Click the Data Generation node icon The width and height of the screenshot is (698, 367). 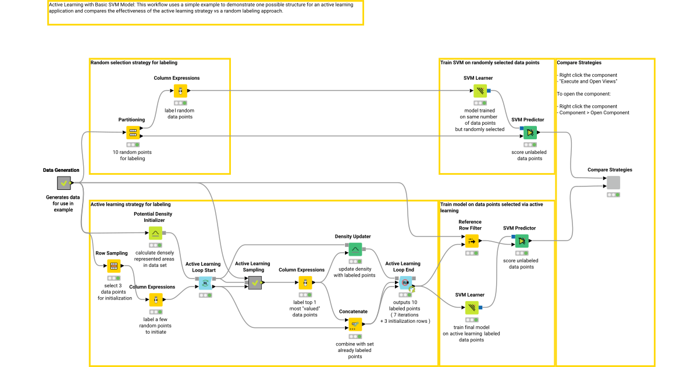click(x=63, y=183)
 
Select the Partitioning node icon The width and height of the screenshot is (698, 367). click(x=132, y=132)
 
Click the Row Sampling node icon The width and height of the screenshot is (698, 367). click(x=113, y=266)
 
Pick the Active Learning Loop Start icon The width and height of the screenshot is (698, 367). click(x=205, y=283)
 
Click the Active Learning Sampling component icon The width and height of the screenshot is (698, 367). click(x=254, y=283)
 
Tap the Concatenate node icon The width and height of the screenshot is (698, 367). click(x=355, y=324)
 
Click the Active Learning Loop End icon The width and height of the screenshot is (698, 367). click(x=406, y=283)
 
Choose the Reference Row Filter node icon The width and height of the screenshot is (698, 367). click(x=472, y=241)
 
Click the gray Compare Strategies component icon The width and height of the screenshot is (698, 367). click(x=613, y=183)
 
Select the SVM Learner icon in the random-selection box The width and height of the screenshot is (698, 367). click(x=480, y=91)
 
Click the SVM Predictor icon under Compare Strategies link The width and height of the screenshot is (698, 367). click(x=529, y=133)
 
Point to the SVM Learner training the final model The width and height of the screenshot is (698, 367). click(x=472, y=307)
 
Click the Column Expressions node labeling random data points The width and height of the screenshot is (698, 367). click(x=180, y=91)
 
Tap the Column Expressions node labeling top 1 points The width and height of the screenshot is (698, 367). click(x=303, y=283)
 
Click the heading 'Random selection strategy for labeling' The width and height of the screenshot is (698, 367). click(x=134, y=62)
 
